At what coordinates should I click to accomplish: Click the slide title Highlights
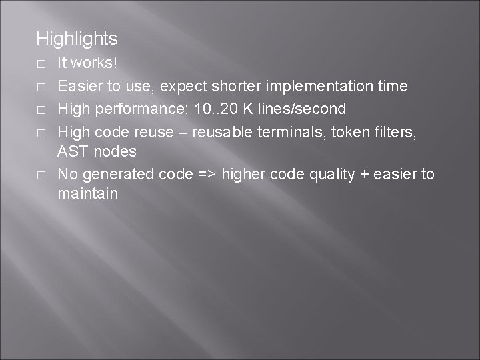77,39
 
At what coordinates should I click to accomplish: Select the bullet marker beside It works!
41,65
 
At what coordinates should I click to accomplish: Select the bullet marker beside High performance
41,109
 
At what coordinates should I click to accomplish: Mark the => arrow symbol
205,174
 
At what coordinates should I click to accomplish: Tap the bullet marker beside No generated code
41,175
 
